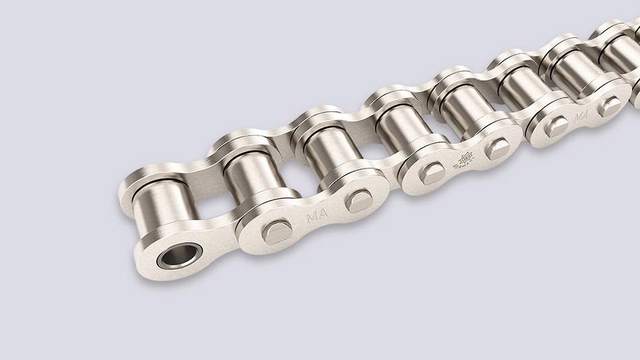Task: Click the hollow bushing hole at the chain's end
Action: click(x=180, y=256)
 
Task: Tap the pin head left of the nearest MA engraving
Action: click(x=277, y=231)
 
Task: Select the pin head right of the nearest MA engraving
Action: click(x=358, y=200)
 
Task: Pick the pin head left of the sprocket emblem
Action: click(x=432, y=173)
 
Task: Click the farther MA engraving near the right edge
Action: click(x=581, y=115)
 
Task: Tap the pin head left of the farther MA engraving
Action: click(x=556, y=126)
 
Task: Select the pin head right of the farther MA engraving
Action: click(x=610, y=106)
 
